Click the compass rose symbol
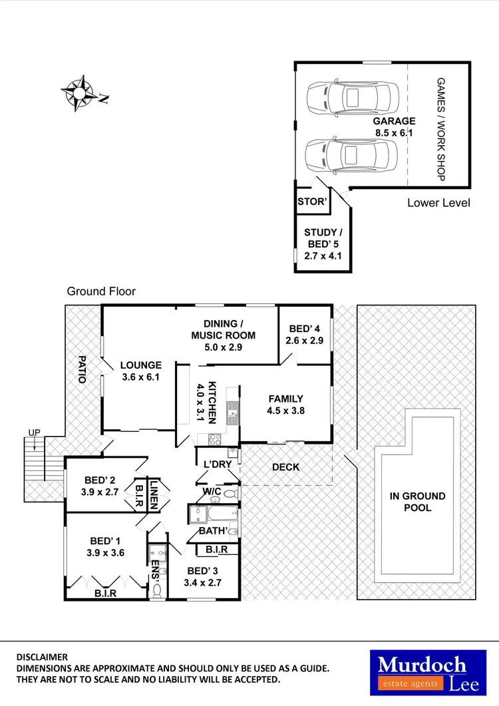tap(79, 92)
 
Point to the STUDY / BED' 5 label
tap(323, 243)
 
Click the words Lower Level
tap(438, 202)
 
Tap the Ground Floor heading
tap(101, 291)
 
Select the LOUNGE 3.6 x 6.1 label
tap(140, 371)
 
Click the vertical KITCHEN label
tap(212, 402)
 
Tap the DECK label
tap(286, 467)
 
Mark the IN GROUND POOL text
tap(417, 502)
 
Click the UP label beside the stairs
tap(33, 433)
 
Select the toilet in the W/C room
tap(229, 494)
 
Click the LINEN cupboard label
tap(154, 494)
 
